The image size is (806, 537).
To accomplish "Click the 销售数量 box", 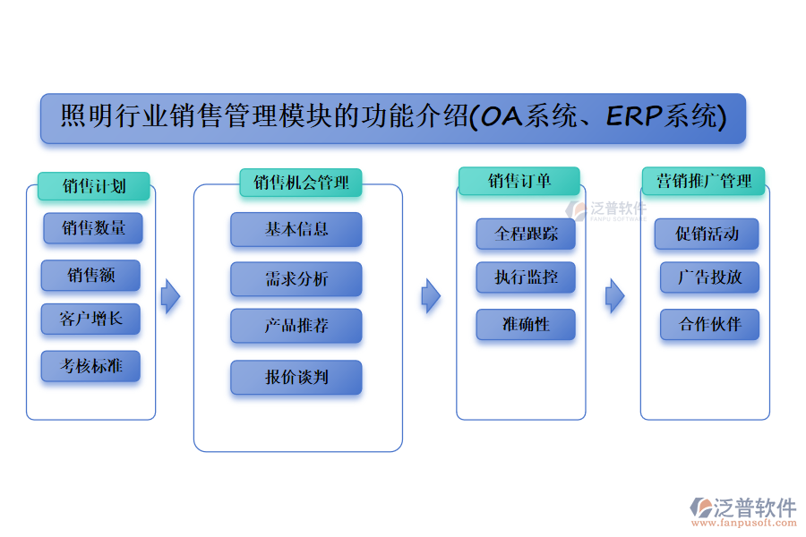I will pos(93,228).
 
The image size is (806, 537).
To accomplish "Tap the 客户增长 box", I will pos(90,319).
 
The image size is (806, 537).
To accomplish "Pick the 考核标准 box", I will pos(90,366).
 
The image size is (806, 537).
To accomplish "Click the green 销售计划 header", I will pos(93,186).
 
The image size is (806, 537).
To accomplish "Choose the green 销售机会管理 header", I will pos(301,183).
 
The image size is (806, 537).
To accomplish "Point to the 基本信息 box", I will pos(296,229).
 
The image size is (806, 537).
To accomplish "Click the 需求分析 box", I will pos(296,279).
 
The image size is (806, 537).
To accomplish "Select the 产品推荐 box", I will pos(296,326).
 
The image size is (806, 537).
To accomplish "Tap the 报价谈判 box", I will pos(296,377).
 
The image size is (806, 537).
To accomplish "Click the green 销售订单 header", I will pos(519,182).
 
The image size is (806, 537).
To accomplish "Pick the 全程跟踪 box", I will pos(526,234).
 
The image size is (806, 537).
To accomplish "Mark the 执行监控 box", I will pos(526,277).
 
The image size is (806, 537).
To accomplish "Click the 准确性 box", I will pos(526,325).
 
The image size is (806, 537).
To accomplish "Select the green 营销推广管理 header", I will pos(703,182).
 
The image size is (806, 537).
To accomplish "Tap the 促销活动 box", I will pos(707,234).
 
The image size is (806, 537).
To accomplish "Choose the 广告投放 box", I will pos(709,277).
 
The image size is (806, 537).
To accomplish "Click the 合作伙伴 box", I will pos(709,324).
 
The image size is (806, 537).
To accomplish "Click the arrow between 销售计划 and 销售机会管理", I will pos(170,296).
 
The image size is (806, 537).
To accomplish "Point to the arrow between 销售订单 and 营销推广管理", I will pos(614,295).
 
